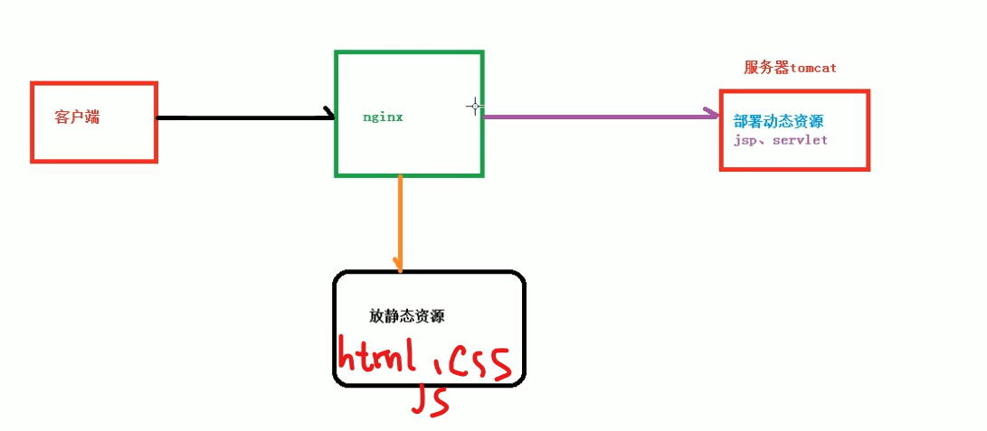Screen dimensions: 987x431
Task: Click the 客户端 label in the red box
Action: click(x=76, y=117)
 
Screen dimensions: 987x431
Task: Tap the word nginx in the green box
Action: click(x=382, y=117)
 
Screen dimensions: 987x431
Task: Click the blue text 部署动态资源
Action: click(x=778, y=121)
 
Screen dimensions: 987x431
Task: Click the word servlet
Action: click(x=800, y=141)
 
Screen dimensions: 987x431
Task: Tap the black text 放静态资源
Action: click(x=406, y=316)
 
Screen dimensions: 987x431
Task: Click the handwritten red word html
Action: click(x=375, y=356)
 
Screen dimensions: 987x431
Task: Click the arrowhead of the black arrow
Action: click(x=329, y=115)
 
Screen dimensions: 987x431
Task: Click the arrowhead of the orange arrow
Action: click(x=399, y=265)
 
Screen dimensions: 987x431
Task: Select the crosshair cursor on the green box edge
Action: click(x=475, y=106)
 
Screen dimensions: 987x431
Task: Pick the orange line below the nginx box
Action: click(x=399, y=217)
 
